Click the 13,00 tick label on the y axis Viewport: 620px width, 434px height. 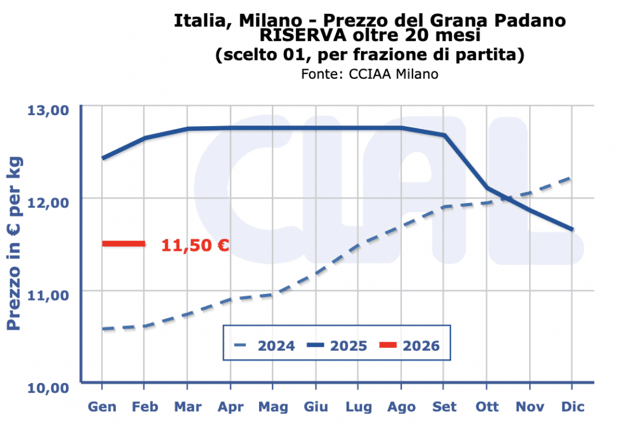(x=48, y=111)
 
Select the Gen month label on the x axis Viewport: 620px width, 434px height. (x=102, y=407)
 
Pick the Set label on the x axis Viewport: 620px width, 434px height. (x=444, y=407)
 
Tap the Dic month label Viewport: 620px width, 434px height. (x=572, y=407)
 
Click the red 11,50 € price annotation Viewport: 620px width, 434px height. (x=195, y=245)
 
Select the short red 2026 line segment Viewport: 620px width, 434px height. (x=124, y=244)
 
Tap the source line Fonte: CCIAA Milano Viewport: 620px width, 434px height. (x=369, y=74)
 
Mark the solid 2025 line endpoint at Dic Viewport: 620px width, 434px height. (x=572, y=230)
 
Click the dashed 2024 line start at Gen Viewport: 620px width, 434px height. (x=103, y=329)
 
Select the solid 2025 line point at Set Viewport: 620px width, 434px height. (x=444, y=135)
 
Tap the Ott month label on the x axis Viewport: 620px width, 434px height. (x=487, y=407)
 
